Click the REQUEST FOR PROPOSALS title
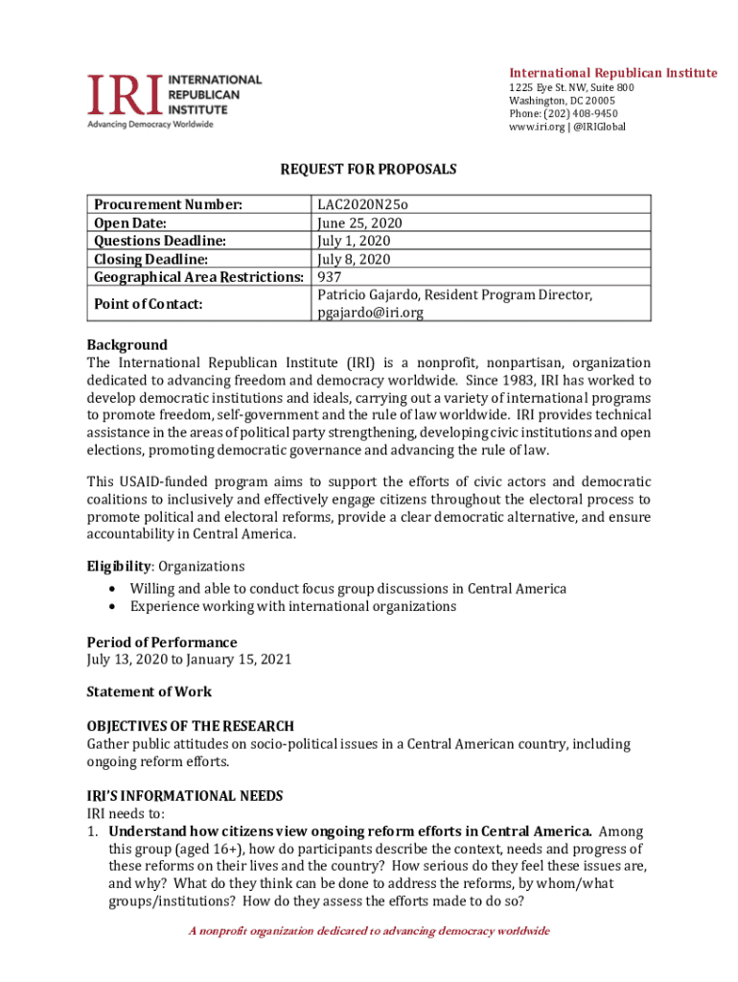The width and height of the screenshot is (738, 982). pos(368,170)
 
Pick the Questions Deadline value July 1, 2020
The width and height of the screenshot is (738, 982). pos(354,242)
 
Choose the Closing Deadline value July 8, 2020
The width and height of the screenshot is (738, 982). pos(354,260)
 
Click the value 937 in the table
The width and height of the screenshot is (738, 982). pos(330,278)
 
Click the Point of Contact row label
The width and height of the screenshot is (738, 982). pos(148,304)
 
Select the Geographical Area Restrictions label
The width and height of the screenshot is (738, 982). pos(198,278)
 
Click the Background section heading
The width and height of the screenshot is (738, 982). pos(127,345)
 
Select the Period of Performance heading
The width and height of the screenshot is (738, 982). pos(162,643)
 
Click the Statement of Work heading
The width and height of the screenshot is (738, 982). pos(150,691)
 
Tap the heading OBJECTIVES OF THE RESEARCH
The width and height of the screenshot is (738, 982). pos(191,726)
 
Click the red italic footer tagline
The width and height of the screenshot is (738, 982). pos(369,931)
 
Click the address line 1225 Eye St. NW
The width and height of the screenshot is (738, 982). pos(570,87)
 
